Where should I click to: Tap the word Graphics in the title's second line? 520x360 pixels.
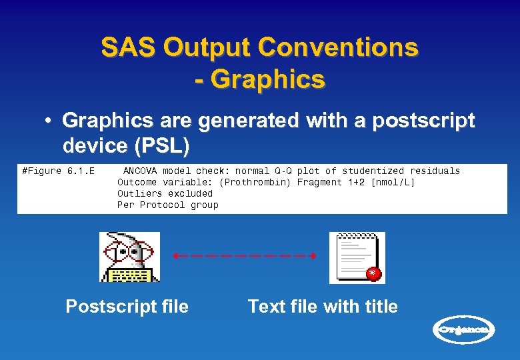pyautogui.click(x=269, y=79)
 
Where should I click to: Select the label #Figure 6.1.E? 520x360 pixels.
pyautogui.click(x=58, y=171)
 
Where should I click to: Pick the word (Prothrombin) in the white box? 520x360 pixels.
pyautogui.click(x=255, y=182)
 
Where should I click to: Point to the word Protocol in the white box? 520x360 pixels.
pyautogui.click(x=162, y=205)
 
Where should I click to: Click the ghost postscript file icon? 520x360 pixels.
pyautogui.click(x=129, y=257)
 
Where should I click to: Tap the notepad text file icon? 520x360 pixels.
pyautogui.click(x=357, y=257)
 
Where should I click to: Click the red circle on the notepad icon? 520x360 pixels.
pyautogui.click(x=373, y=273)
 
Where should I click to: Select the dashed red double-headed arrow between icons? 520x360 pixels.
pyautogui.click(x=244, y=256)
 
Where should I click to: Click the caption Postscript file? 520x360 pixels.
pyautogui.click(x=127, y=307)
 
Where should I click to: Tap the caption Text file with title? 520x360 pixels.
pyautogui.click(x=323, y=307)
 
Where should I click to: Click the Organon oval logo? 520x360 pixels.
pyautogui.click(x=465, y=329)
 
